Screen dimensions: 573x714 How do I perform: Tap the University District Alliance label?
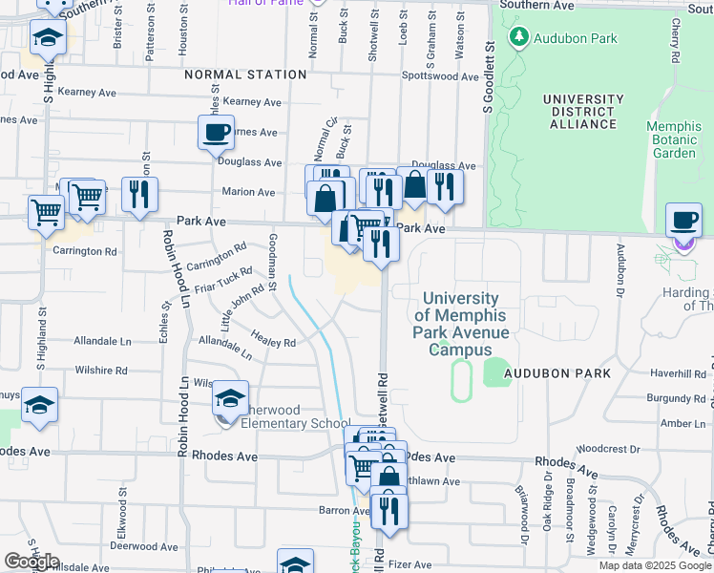(582, 112)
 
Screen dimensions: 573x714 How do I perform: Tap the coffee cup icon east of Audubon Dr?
(682, 220)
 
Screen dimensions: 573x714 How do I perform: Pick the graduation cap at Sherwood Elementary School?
(230, 397)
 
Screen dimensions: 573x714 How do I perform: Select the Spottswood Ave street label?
(440, 76)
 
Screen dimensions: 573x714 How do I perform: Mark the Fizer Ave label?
(410, 564)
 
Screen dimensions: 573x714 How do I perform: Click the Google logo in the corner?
(31, 562)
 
